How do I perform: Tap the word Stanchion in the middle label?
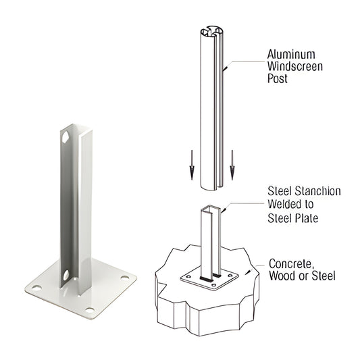315,192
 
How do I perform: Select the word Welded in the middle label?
285,205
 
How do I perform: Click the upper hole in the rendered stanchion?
66,137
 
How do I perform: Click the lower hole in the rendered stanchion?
66,276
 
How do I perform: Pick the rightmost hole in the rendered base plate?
125,276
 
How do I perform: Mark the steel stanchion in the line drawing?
209,240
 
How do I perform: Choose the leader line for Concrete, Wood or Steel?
255,269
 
